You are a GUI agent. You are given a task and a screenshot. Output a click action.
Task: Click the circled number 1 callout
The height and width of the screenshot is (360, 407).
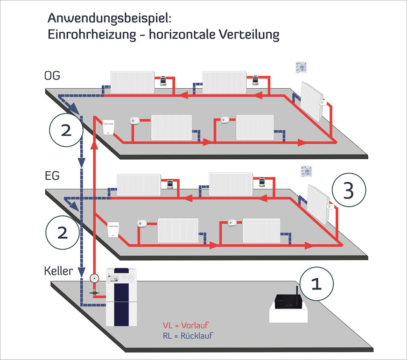316,284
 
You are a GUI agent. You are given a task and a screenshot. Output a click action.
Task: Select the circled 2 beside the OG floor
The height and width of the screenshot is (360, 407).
66,130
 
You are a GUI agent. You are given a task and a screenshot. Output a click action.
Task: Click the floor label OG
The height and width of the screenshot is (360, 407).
52,76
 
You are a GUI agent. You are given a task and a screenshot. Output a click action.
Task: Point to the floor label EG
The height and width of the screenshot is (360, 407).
52,177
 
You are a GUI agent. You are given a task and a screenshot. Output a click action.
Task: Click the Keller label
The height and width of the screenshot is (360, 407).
58,270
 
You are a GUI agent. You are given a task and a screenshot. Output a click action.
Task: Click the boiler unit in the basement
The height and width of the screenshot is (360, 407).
122,297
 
